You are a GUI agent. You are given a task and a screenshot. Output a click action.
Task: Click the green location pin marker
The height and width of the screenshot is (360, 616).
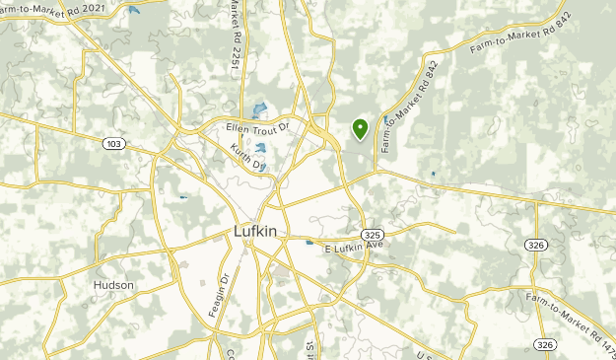360,127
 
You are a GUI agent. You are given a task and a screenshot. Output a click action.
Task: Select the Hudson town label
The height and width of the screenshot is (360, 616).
113,285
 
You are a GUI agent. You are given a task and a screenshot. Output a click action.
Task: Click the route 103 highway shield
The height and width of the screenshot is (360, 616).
113,144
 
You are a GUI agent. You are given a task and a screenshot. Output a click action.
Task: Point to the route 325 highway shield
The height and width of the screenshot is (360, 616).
372,235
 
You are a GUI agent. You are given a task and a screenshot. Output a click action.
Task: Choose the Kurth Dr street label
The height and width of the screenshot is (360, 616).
247,157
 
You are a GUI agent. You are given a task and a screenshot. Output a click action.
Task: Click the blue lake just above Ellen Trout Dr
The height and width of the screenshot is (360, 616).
259,110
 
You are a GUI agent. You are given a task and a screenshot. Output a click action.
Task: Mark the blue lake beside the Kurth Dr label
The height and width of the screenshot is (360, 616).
261,149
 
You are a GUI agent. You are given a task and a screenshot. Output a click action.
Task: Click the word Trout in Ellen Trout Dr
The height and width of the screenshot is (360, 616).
259,127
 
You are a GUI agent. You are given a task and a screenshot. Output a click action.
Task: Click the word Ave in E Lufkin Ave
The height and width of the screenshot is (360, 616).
375,247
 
